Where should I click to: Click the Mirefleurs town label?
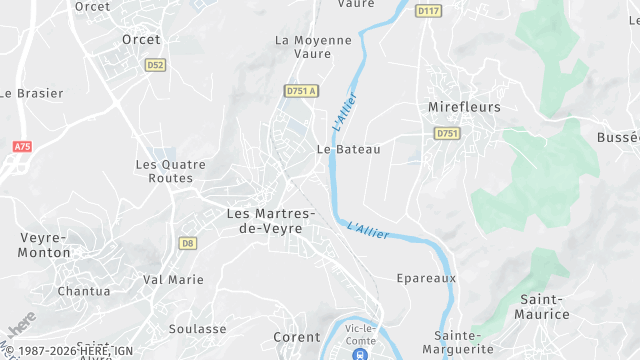(464, 107)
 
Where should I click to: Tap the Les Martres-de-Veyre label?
(271, 221)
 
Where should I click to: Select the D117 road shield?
(429, 11)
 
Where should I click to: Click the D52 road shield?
(154, 65)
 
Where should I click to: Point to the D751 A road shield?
(300, 91)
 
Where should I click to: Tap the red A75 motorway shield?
(22, 147)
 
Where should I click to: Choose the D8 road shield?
(187, 243)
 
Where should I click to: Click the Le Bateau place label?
(348, 149)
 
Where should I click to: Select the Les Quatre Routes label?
(170, 171)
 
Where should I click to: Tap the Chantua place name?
(84, 291)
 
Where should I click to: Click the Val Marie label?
(167, 279)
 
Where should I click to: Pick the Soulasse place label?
(197, 328)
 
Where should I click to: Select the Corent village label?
(297, 338)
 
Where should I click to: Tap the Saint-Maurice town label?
(545, 307)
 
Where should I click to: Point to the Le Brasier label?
(31, 93)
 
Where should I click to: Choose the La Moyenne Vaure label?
(313, 47)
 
